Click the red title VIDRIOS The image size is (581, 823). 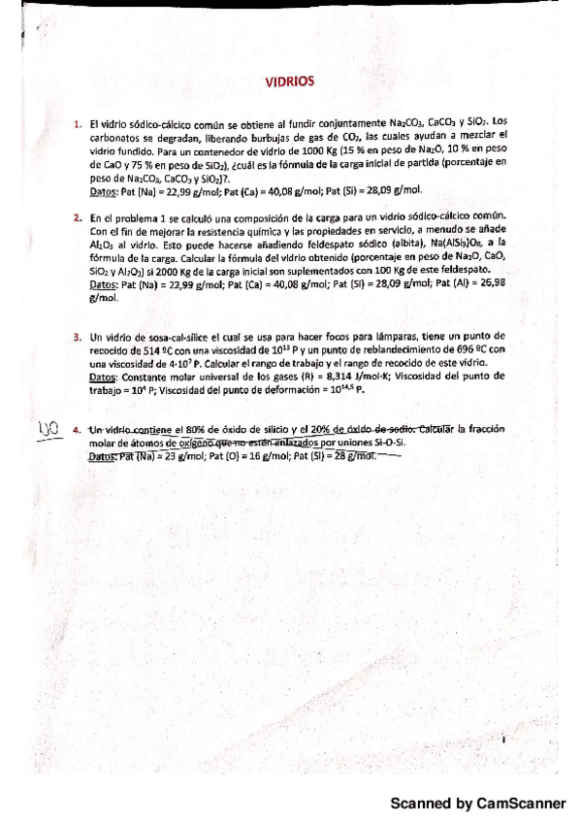tap(290, 82)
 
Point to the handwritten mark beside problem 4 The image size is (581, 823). tap(48, 429)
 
